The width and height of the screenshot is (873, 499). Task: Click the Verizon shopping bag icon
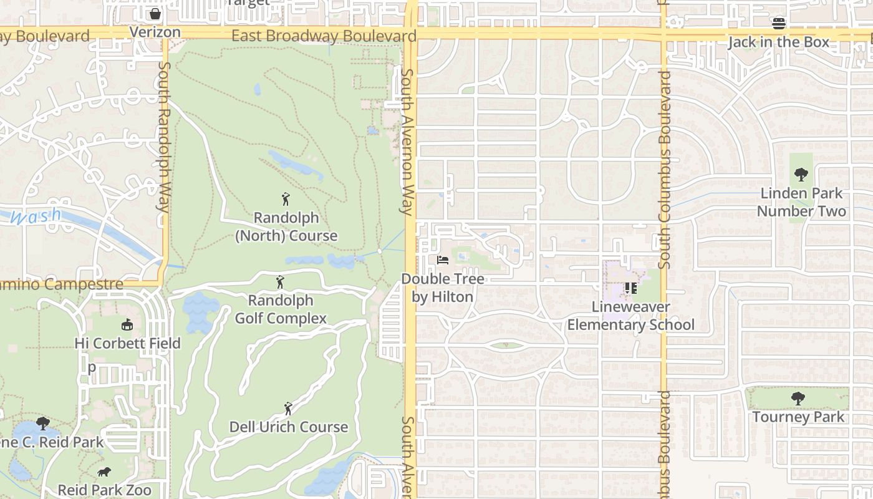coord(155,13)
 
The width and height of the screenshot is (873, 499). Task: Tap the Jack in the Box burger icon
coord(779,24)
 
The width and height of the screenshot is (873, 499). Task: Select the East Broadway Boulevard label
coord(324,36)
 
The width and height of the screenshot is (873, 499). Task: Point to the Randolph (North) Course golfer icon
coord(286,200)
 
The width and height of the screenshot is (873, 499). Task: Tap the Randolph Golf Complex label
coord(281,309)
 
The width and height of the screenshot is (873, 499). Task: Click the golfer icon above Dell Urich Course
coord(287,409)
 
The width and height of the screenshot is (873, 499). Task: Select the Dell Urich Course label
coord(288,427)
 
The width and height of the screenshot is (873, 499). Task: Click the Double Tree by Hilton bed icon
coord(442,260)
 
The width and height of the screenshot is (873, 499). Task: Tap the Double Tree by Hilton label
coord(443,288)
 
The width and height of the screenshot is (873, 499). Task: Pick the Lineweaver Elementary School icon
coord(630,288)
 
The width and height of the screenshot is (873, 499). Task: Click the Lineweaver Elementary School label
coord(630,316)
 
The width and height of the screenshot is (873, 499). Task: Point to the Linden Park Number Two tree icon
coord(801,175)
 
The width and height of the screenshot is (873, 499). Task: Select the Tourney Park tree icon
coord(798,398)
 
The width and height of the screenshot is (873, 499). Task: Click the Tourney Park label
coord(798,417)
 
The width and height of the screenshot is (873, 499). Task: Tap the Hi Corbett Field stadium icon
coord(127,324)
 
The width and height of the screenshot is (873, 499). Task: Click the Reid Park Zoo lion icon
coord(104,472)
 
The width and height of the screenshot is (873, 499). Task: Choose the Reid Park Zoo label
coord(105,490)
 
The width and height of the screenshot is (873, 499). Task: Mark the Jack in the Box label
coord(779,42)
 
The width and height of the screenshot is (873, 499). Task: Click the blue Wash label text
coord(36,217)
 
